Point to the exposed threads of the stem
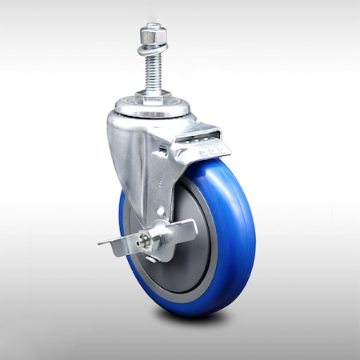point(152,72)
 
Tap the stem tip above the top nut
point(152,26)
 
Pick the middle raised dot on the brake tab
point(213,149)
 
